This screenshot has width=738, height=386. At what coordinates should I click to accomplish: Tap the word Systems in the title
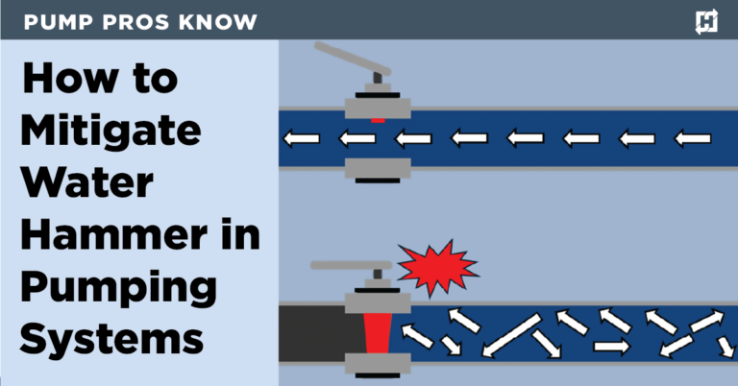111,339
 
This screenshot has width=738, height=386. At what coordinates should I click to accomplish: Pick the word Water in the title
84,182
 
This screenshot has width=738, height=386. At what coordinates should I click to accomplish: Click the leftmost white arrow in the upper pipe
301,139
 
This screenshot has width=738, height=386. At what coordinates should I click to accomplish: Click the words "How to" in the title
100,78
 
